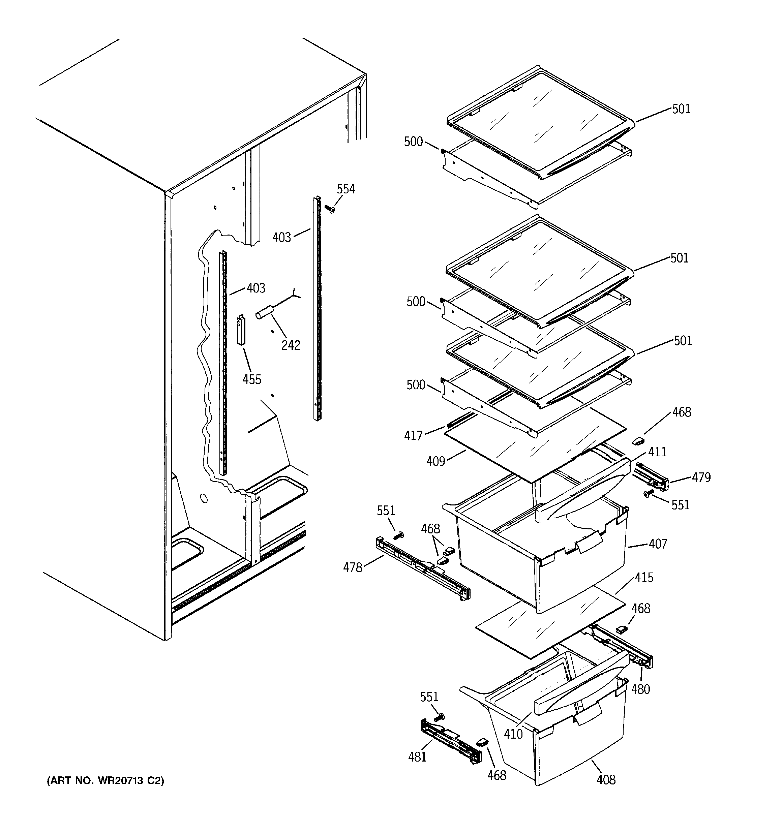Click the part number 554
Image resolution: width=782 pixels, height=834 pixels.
[346, 189]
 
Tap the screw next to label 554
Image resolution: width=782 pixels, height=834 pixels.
[330, 208]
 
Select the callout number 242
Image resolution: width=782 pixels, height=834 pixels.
[291, 345]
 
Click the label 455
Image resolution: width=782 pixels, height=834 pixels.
[252, 379]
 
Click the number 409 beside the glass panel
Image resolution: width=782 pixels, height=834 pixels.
[436, 461]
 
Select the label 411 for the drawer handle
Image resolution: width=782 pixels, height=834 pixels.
[657, 452]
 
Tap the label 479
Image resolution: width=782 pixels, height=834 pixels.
[701, 477]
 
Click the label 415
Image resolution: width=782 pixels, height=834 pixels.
[644, 577]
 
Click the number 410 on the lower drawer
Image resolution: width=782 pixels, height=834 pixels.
[513, 734]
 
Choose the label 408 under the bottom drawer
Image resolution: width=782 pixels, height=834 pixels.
[606, 780]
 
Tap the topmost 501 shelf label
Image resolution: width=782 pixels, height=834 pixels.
[681, 109]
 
